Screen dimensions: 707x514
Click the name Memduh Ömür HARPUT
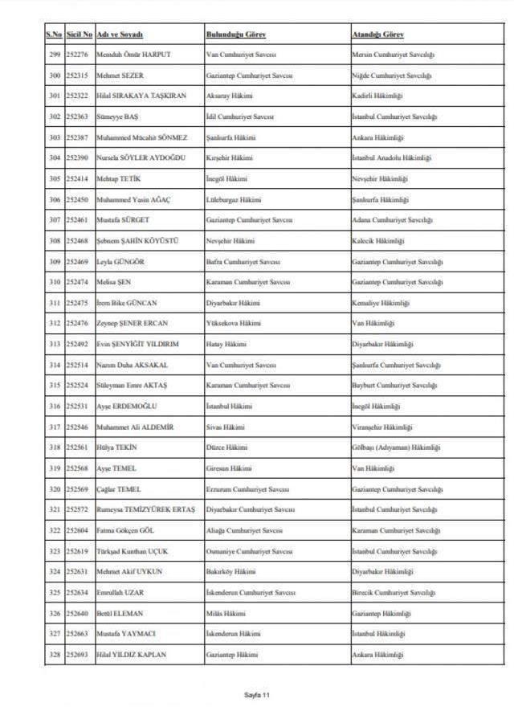tap(133, 55)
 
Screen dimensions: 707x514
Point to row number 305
tap(54, 178)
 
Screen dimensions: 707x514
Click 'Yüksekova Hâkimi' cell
tap(233, 323)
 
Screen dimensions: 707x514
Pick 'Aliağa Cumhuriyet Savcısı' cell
tap(247, 530)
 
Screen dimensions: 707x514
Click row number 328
tap(54, 655)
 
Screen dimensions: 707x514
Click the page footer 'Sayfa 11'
tap(257, 694)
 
